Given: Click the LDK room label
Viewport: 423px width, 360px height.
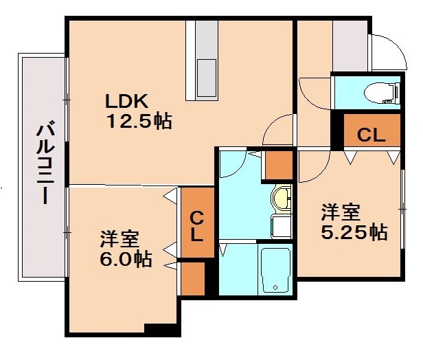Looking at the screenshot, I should pyautogui.click(x=126, y=101).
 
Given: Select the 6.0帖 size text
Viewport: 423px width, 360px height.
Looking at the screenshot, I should pyautogui.click(x=124, y=260).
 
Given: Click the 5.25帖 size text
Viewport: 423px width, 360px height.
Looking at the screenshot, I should pyautogui.click(x=354, y=232).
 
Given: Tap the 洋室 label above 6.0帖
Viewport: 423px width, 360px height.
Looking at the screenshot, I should pyautogui.click(x=119, y=239).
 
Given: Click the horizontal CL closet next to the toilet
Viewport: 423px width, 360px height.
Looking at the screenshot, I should pyautogui.click(x=371, y=135).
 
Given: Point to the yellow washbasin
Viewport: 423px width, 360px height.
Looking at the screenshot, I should pyautogui.click(x=282, y=200).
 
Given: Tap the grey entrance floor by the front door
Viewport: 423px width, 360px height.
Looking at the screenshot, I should pyautogui.click(x=350, y=45).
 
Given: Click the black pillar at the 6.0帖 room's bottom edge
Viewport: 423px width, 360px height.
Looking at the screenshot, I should pyautogui.click(x=162, y=330).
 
